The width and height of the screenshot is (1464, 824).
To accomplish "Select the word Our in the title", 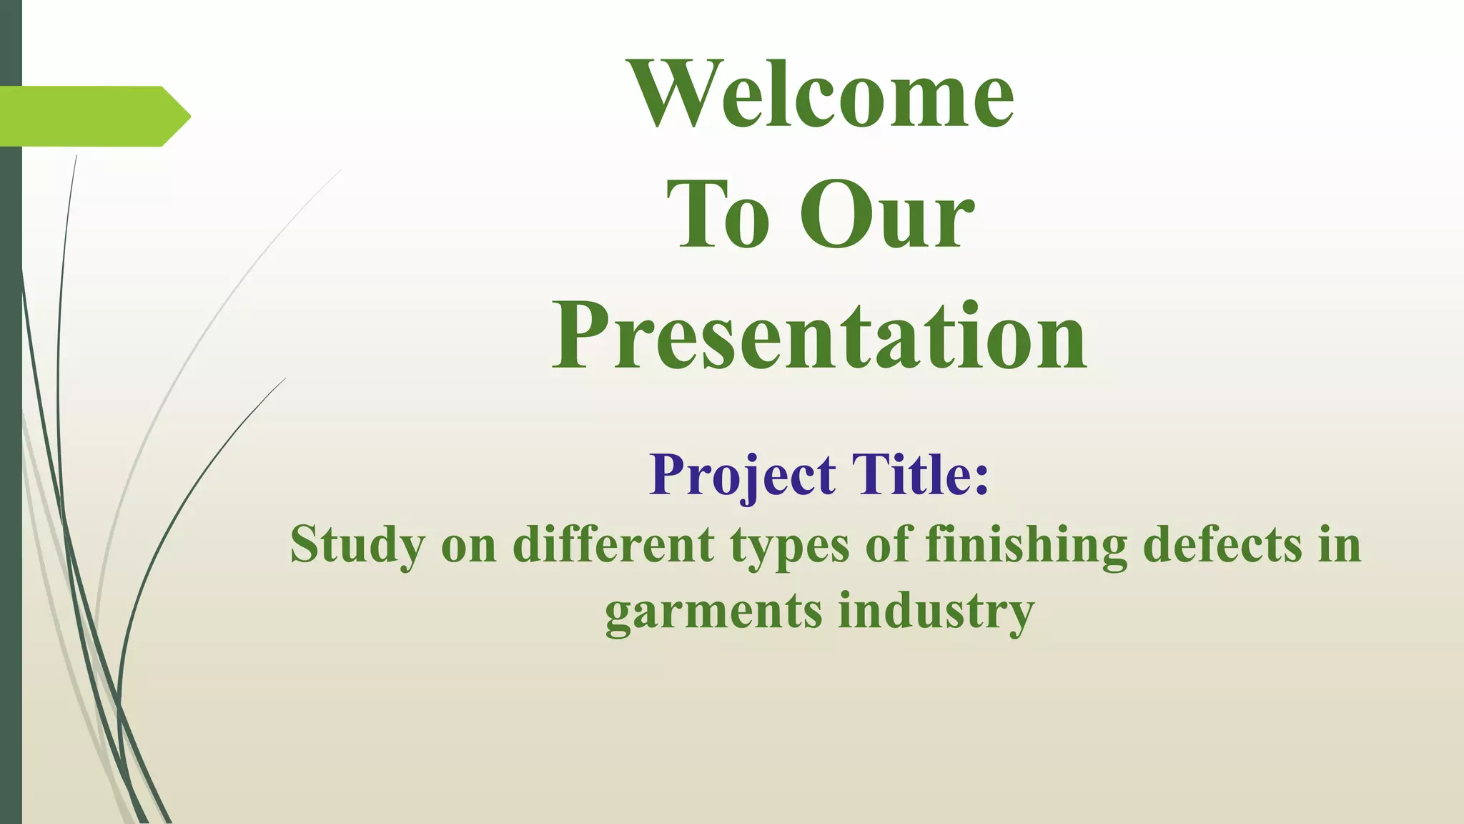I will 886,215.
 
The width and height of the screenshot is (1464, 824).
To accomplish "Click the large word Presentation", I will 820,336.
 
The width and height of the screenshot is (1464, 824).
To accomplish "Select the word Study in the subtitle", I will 357,546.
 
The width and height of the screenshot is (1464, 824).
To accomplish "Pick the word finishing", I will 1026,546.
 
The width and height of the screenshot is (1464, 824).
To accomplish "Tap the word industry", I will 936,612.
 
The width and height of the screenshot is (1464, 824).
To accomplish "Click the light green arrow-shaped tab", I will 86,116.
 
